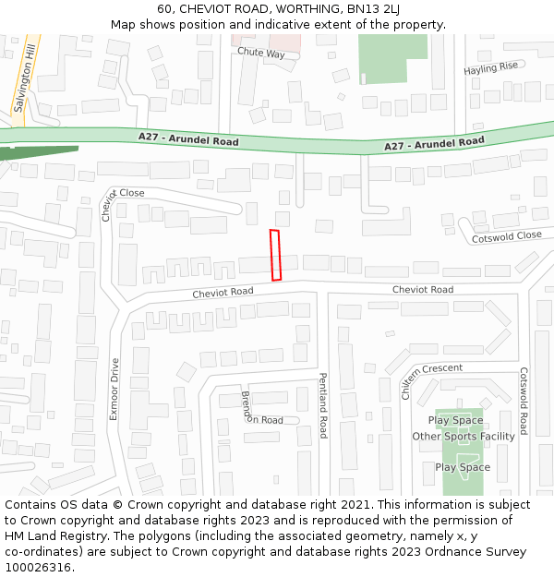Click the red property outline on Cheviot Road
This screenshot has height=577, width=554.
click(x=275, y=255)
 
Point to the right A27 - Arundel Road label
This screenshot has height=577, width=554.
click(x=434, y=144)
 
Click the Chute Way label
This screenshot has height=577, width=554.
click(x=261, y=54)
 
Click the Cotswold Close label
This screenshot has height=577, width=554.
click(x=507, y=236)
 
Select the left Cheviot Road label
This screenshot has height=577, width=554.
click(x=223, y=292)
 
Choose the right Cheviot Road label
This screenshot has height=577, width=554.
click(x=422, y=290)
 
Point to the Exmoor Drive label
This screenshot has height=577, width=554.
click(x=114, y=389)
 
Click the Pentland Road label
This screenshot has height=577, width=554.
click(x=323, y=405)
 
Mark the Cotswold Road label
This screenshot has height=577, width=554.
click(x=523, y=402)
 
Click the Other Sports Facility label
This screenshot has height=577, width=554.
click(x=464, y=437)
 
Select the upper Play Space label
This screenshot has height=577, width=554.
click(x=455, y=420)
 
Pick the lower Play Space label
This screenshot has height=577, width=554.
click(x=463, y=467)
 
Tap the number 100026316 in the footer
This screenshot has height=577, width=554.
click(x=38, y=568)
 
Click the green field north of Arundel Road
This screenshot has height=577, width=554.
click(x=392, y=57)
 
